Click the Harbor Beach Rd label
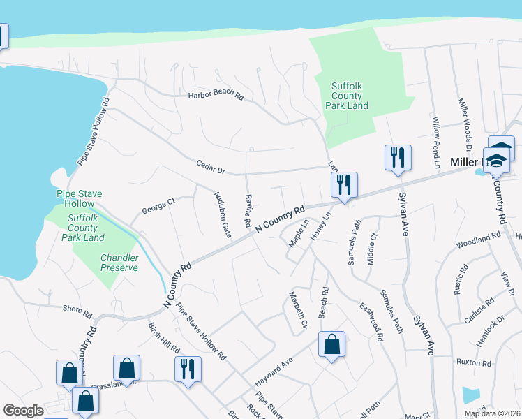215,96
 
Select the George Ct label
158,206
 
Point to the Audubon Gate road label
222,214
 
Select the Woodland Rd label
478,244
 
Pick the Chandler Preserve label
119,263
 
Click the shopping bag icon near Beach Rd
331,345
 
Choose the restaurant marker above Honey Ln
343,185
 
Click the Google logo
23,411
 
